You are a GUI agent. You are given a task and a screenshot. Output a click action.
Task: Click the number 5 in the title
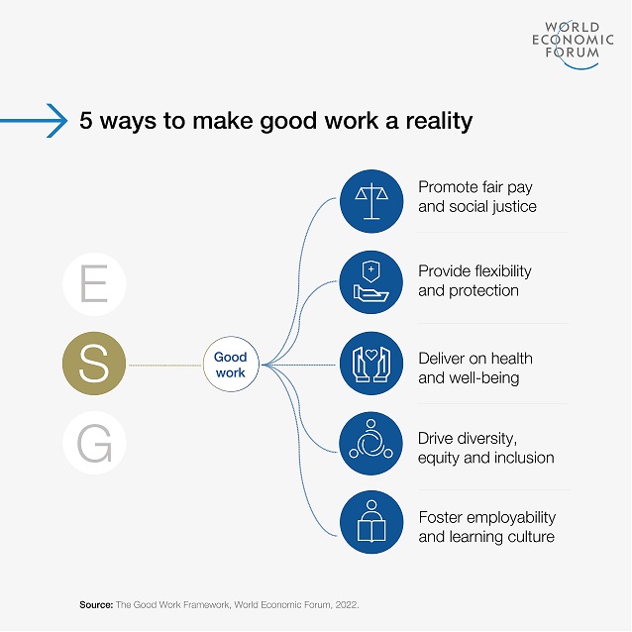pos(86,121)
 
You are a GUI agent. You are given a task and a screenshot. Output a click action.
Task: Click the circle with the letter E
pos(93,282)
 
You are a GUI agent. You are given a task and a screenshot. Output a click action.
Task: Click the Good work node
pos(231,365)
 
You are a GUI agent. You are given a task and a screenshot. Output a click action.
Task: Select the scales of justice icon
pos(371,201)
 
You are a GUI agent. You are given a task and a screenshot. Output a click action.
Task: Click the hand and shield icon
pos(371,282)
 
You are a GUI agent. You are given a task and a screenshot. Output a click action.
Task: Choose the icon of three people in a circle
pos(371,444)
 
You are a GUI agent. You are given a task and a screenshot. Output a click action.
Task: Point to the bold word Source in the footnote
pos(96,603)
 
